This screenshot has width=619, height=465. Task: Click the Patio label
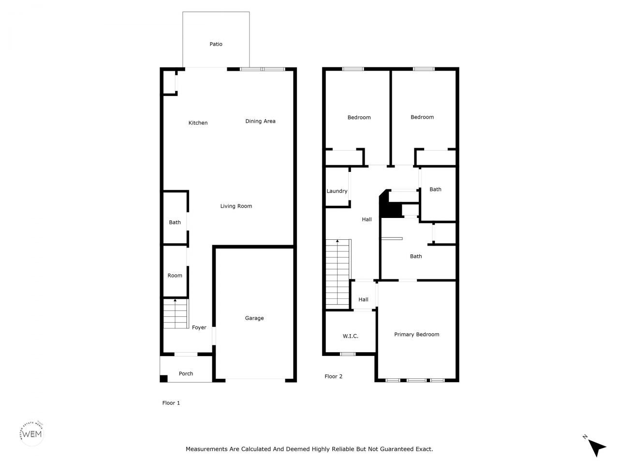[x=216, y=44]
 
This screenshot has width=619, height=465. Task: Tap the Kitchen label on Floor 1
[x=198, y=123]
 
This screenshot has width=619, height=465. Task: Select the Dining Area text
[x=260, y=121]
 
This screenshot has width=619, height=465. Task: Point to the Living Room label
[x=236, y=206]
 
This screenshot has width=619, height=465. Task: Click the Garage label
[x=254, y=318]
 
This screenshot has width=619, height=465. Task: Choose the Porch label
[x=186, y=373]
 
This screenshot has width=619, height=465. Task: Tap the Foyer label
[x=199, y=327]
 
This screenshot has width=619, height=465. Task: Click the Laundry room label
[x=337, y=191]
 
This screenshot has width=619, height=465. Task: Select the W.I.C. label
[x=350, y=336]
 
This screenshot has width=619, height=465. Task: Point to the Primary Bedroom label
[x=416, y=334]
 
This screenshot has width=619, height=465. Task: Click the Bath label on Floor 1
[x=175, y=222]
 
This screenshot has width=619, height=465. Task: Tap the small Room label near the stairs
[x=175, y=276]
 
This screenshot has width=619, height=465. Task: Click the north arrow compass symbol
[x=597, y=447]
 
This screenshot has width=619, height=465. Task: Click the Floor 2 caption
[x=333, y=376]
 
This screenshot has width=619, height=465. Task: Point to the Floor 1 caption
[x=171, y=403]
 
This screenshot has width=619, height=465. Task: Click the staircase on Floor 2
[x=337, y=274]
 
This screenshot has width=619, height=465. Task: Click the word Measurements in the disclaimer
[x=206, y=449]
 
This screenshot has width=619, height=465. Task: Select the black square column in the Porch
[x=164, y=378]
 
